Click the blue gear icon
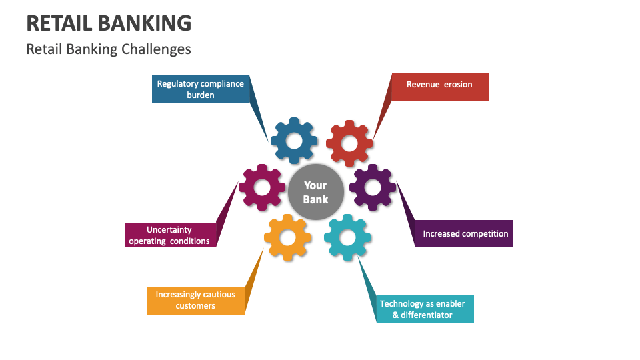(293, 140)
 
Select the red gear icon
(349, 143)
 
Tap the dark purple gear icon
(373, 187)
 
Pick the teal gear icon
(347, 237)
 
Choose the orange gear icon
(287, 237)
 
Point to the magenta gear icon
(262, 187)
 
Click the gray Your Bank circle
(316, 192)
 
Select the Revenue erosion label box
(439, 87)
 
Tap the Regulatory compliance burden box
(201, 89)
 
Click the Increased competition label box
(465, 234)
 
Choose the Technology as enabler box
(425, 309)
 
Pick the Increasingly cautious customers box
(195, 300)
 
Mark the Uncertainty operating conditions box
(170, 235)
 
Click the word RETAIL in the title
(59, 23)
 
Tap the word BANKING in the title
(144, 23)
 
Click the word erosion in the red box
(458, 85)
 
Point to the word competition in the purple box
(483, 234)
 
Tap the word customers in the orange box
(195, 306)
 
